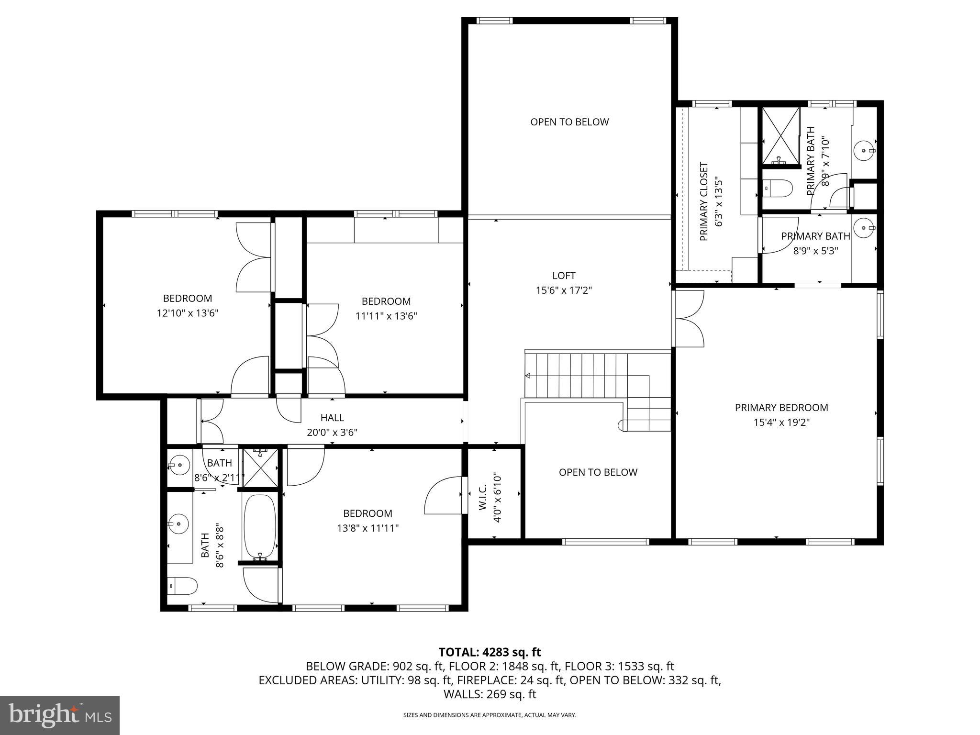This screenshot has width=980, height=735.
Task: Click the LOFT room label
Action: [564, 276]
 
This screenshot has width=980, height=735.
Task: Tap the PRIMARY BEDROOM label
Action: [781, 408]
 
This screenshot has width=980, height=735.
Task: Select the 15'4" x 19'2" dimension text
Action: [781, 423]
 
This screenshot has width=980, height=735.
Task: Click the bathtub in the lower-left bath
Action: [259, 526]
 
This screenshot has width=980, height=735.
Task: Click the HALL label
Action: [332, 418]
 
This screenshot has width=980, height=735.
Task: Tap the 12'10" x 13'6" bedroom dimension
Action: [188, 313]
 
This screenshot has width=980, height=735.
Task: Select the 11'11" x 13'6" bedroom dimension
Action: [386, 316]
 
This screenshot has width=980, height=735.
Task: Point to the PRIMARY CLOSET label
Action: [704, 201]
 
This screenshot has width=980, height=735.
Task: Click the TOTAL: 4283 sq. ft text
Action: [490, 652]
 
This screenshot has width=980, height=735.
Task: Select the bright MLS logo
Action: [60, 715]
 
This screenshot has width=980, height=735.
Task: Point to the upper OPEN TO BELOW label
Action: [569, 122]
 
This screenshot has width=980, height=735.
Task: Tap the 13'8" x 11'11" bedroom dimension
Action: [367, 528]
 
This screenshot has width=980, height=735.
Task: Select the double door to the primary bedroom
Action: [689, 318]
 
